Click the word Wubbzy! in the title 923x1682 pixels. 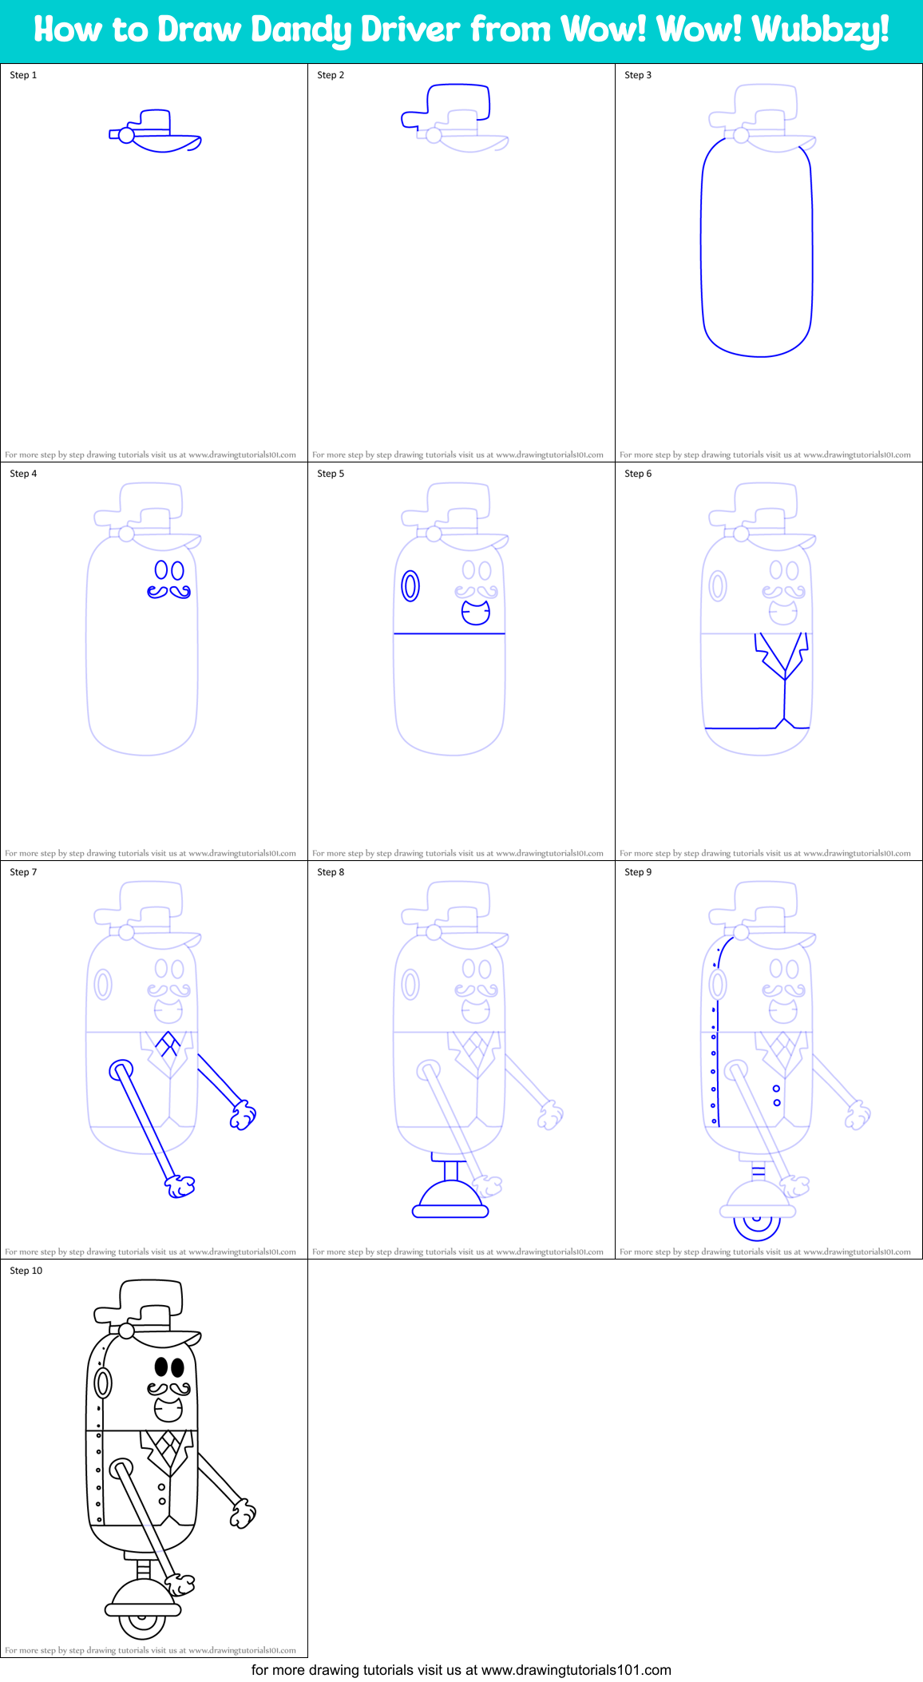[x=820, y=30]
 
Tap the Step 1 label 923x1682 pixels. [x=23, y=75]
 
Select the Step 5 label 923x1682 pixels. [x=331, y=474]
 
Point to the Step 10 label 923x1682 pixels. [x=26, y=1271]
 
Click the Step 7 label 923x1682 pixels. [x=23, y=872]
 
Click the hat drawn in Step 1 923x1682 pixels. [x=156, y=132]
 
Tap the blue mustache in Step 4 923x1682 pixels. [x=168, y=592]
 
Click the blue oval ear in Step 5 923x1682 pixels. [x=410, y=585]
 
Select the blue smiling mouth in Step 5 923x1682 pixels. [x=476, y=613]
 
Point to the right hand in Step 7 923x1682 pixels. [x=243, y=1115]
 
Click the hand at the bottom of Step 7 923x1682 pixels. [x=180, y=1186]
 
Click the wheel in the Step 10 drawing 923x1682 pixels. [x=142, y=1622]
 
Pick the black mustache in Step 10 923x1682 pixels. [x=168, y=1389]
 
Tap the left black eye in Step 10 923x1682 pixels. [x=161, y=1367]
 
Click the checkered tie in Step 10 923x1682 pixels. [x=168, y=1444]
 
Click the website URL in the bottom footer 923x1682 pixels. [x=576, y=1670]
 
